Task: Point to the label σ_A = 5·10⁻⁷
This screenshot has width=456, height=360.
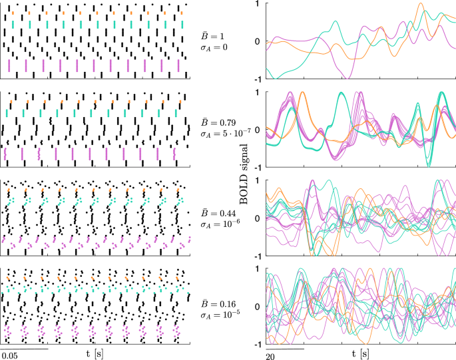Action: click(223, 134)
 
